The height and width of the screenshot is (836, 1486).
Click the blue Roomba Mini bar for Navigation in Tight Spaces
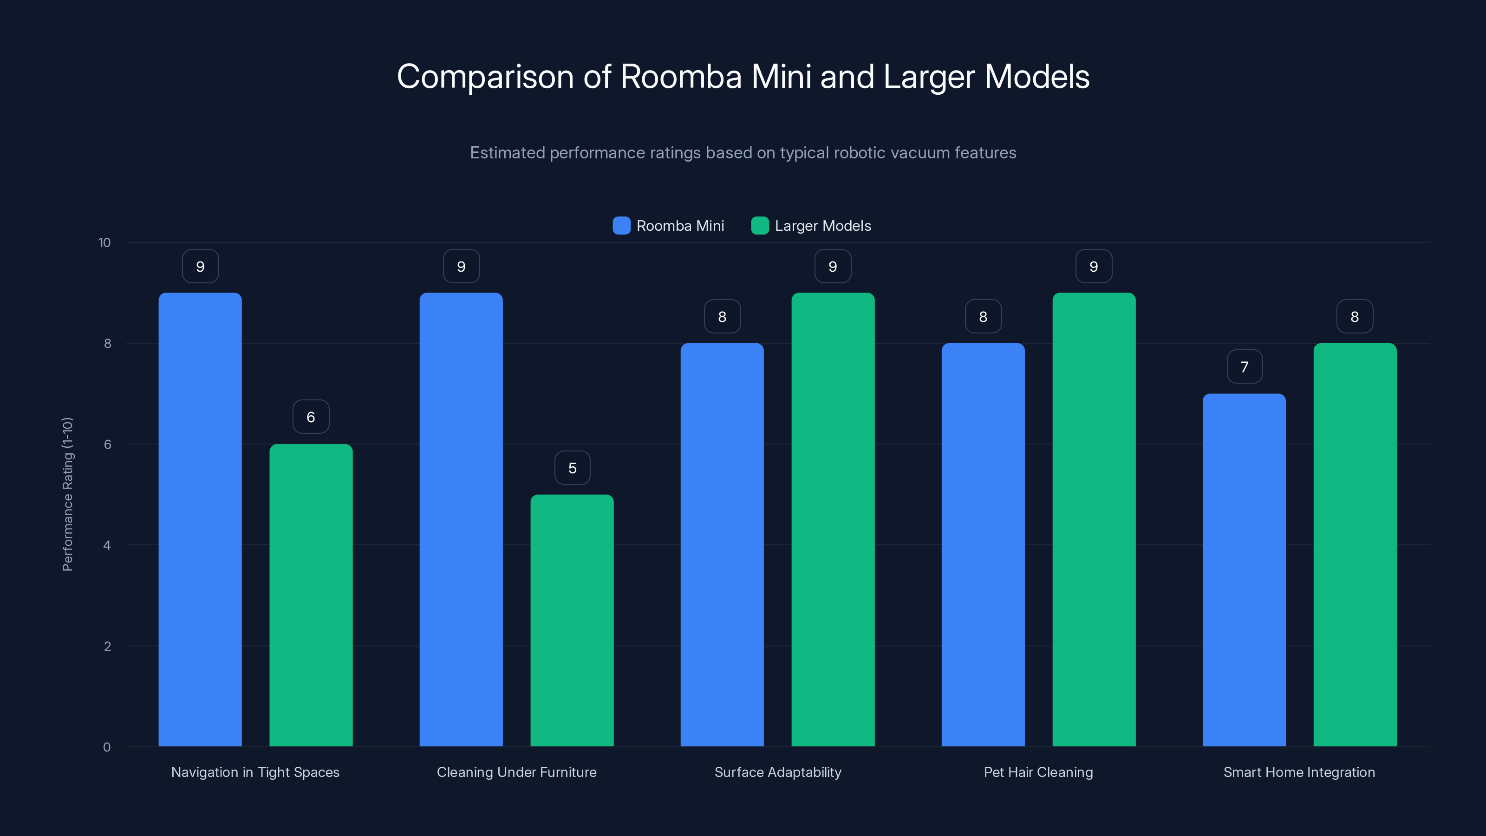coord(200,519)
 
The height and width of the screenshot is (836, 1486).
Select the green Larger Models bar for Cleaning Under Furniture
coord(572,620)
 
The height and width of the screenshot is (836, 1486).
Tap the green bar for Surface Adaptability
coord(833,519)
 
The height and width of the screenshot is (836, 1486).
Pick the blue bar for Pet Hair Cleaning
coord(983,545)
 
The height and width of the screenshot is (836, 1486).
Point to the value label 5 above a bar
coord(572,468)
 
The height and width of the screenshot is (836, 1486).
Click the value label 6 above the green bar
coord(311,417)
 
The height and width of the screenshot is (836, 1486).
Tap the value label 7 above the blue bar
coord(1245,367)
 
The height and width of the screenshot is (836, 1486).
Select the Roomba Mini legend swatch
coord(621,226)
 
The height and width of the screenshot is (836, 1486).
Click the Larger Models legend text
coord(822,226)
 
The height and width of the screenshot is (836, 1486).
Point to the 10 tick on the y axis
coord(104,243)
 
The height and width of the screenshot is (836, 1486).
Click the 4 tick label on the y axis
coord(107,545)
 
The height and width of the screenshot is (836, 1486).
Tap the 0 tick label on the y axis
coord(107,747)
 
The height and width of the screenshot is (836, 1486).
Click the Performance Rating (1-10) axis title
coord(67,495)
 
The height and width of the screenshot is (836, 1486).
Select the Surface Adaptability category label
coord(778,772)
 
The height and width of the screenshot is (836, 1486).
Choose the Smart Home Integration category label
coord(1299,772)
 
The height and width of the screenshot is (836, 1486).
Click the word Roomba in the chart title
coord(680,77)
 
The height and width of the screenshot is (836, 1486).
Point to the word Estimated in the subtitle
coord(507,153)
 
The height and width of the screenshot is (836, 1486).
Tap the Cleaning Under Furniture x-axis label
coord(516,772)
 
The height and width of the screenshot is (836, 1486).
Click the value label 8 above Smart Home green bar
coord(1355,317)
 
